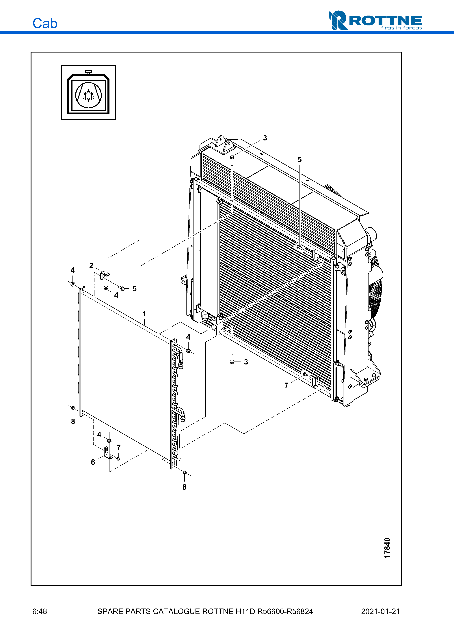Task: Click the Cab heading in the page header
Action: tap(45, 23)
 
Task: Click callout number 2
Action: tap(91, 266)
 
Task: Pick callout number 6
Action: tap(93, 462)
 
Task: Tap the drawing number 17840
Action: tap(387, 548)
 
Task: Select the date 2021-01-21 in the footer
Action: tap(380, 611)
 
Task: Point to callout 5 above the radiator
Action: tap(300, 160)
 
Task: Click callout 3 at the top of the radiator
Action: tap(265, 138)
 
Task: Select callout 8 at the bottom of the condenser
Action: tap(184, 487)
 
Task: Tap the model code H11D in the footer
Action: tap(245, 611)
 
